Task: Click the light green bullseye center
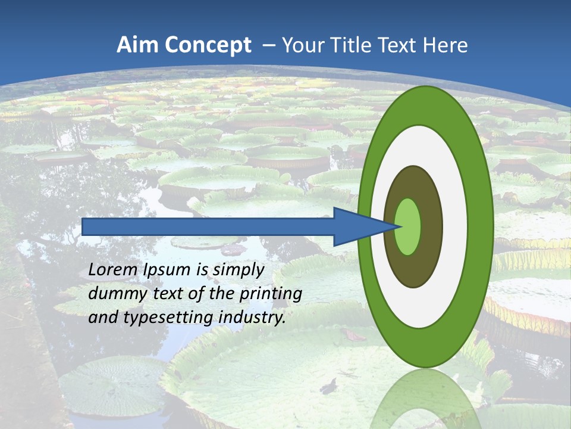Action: click(408, 226)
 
